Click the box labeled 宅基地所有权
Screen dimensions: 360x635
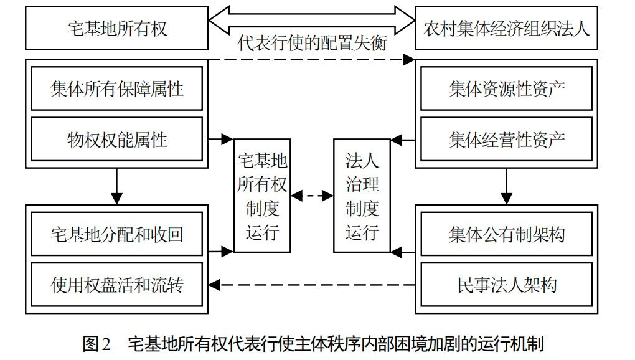(x=116, y=28)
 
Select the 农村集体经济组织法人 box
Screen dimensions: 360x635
(x=506, y=28)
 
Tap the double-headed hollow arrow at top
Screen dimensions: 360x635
(x=311, y=18)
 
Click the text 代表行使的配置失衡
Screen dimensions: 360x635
(x=312, y=43)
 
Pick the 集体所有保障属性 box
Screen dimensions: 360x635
(x=116, y=88)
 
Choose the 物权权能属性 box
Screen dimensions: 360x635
(x=116, y=139)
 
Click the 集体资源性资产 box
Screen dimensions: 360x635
(x=506, y=88)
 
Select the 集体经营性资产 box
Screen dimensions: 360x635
(x=506, y=139)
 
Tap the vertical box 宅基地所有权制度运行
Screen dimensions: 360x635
(x=262, y=196)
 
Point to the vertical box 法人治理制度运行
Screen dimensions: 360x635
(x=362, y=196)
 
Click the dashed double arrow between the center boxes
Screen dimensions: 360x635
(x=312, y=196)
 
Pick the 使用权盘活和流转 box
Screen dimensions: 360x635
(x=116, y=285)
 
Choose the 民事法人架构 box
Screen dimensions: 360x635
(x=506, y=285)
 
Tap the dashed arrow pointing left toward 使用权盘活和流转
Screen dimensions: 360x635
(x=311, y=285)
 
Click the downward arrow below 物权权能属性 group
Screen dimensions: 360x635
(x=116, y=186)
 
